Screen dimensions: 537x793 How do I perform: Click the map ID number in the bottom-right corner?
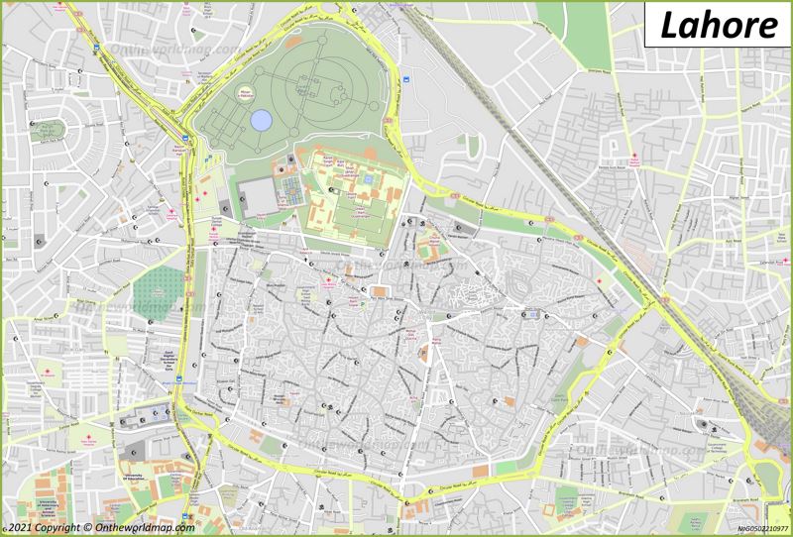tap(761, 529)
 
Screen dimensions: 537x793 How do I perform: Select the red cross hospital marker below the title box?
tap(632, 156)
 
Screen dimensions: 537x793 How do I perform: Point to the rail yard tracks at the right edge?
tap(774, 416)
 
